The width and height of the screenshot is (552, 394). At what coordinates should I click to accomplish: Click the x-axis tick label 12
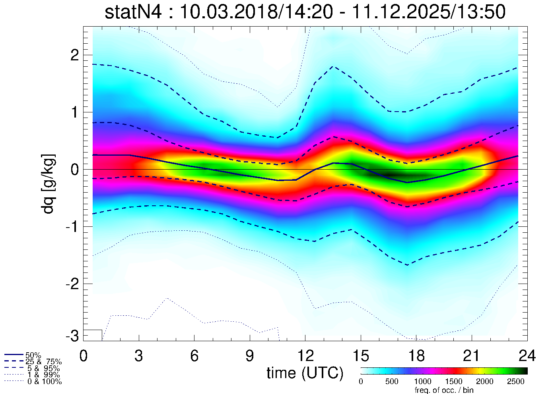(305, 356)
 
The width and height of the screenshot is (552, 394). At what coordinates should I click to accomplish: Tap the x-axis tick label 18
(416, 356)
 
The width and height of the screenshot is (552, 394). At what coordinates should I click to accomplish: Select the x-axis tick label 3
(139, 356)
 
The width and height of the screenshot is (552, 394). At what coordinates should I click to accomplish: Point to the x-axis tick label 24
(527, 356)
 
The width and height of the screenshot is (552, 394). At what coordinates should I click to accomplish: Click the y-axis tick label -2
(73, 284)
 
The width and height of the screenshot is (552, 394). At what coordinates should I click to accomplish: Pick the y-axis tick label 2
(74, 55)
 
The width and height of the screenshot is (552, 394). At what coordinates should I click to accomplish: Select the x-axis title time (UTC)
(305, 373)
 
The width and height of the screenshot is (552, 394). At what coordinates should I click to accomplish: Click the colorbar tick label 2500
(516, 382)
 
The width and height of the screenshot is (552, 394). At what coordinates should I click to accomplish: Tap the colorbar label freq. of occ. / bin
(444, 390)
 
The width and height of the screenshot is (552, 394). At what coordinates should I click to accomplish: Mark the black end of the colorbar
(523, 371)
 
